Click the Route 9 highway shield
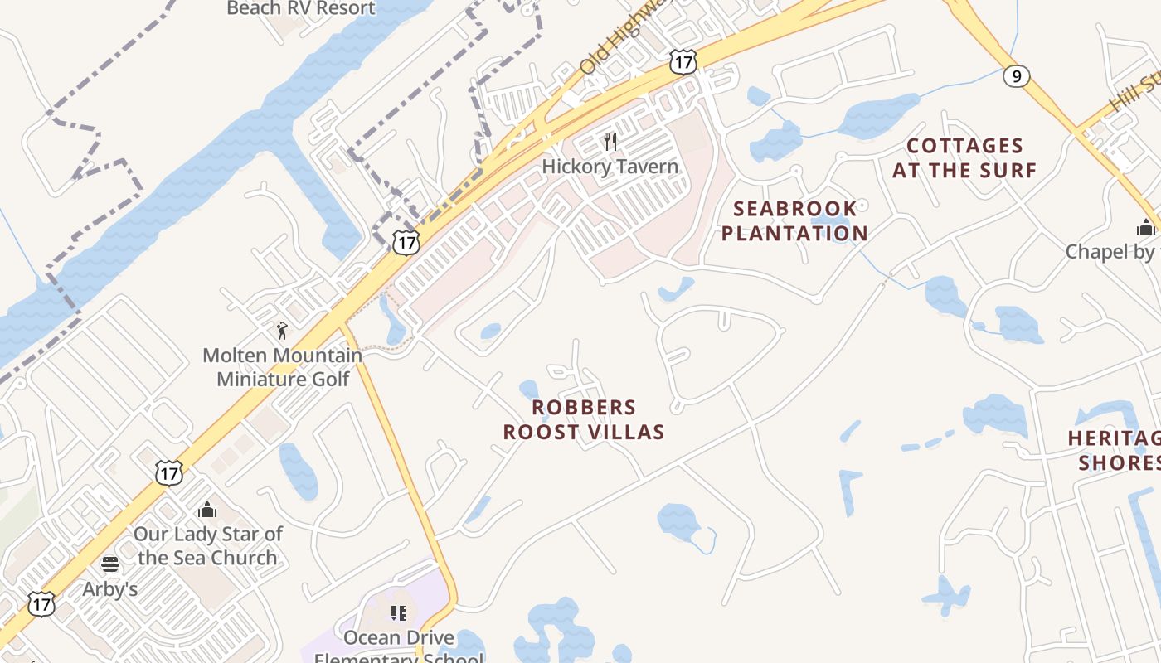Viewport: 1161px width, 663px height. click(x=1016, y=76)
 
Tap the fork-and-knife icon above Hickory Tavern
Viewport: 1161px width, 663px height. click(x=611, y=142)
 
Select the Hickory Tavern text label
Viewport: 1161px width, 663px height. click(x=610, y=167)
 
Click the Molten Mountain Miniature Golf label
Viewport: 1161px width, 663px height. click(x=283, y=367)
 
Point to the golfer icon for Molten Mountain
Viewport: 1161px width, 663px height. click(x=282, y=331)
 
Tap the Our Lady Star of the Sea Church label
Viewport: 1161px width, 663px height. click(x=208, y=545)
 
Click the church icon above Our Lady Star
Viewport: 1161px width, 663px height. click(x=207, y=509)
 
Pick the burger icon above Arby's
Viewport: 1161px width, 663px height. click(x=110, y=565)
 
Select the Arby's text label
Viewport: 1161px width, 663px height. click(x=110, y=589)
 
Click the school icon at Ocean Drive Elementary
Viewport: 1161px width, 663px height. click(x=399, y=613)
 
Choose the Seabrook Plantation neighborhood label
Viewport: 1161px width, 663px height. click(x=794, y=220)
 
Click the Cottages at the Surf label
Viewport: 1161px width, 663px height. click(x=964, y=158)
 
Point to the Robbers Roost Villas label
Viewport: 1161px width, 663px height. click(x=584, y=419)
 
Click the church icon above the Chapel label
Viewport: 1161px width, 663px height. click(x=1146, y=226)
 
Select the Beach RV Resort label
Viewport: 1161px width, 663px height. click(x=300, y=8)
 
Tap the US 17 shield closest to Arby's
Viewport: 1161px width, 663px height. click(x=41, y=603)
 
